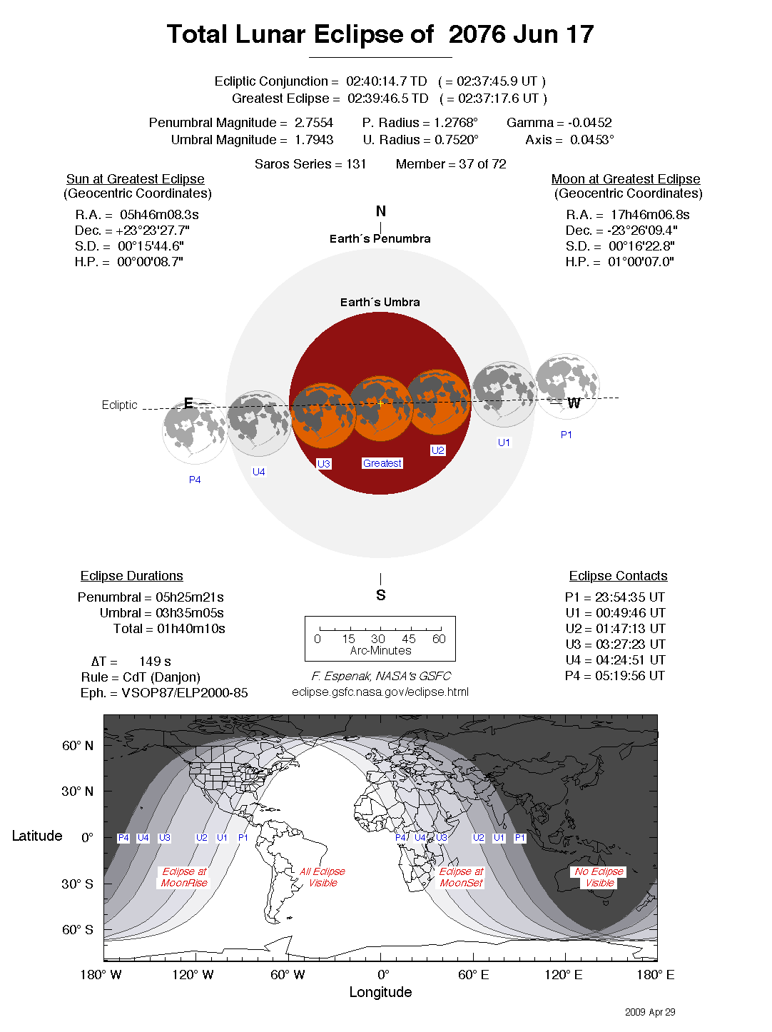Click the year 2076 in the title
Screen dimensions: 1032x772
tap(477, 34)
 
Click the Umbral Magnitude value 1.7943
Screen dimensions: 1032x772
tap(314, 140)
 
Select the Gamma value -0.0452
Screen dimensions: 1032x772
tap(589, 123)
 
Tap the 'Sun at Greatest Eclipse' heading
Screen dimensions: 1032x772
tap(136, 179)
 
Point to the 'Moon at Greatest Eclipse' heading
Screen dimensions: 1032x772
tap(626, 179)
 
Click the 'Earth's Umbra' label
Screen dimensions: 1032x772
tap(380, 303)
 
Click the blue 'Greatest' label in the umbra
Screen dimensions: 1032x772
tap(382, 463)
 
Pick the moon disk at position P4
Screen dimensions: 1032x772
tap(195, 431)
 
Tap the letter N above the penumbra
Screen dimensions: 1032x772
tap(381, 211)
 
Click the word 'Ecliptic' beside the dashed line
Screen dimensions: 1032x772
tap(119, 405)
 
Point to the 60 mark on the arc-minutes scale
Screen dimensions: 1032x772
tap(439, 639)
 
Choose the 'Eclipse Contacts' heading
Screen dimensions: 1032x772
tap(618, 576)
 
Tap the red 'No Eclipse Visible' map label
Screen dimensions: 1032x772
tap(599, 877)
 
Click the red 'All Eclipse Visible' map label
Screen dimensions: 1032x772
tap(322, 877)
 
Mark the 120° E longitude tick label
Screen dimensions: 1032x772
tap(564, 975)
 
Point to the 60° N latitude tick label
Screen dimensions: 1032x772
tap(78, 746)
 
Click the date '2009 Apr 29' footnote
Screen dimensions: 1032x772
tap(650, 1012)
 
